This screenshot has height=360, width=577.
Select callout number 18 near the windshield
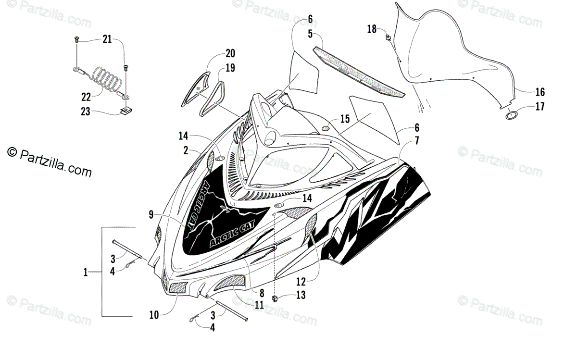[x=372, y=29]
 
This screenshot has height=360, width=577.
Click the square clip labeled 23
[x=126, y=112]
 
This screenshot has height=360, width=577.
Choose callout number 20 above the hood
[x=230, y=53]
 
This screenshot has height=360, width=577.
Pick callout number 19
[x=230, y=68]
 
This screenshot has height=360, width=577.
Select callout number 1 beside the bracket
[x=85, y=273]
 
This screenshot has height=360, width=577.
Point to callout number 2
[x=186, y=150]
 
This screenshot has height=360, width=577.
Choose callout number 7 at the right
[x=417, y=141]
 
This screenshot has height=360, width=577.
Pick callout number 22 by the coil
[x=86, y=96]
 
